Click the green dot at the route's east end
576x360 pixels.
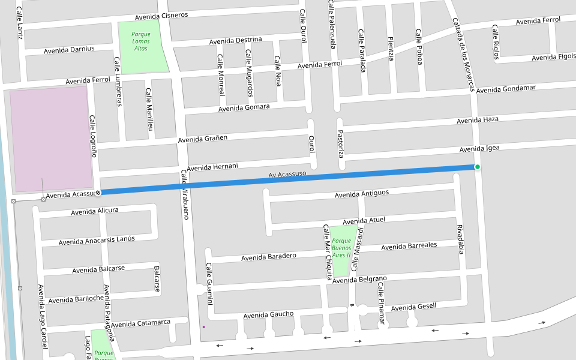click(x=477, y=167)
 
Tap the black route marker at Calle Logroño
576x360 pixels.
click(x=98, y=193)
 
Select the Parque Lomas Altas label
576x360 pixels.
click(x=141, y=41)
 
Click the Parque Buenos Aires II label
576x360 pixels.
click(x=341, y=248)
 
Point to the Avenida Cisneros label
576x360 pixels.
click(x=161, y=16)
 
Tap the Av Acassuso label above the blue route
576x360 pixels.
click(x=287, y=175)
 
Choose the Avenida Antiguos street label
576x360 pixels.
click(x=362, y=194)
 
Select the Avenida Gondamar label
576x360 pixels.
click(x=506, y=89)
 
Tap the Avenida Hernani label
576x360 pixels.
click(x=212, y=167)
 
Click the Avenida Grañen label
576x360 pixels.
click(x=202, y=140)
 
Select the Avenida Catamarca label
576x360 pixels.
click(x=140, y=324)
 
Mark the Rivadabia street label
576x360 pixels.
click(x=460, y=239)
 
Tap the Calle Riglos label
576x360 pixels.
click(x=496, y=43)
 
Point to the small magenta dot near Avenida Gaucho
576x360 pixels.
click(x=204, y=327)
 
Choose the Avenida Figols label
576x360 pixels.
click(x=553, y=58)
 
